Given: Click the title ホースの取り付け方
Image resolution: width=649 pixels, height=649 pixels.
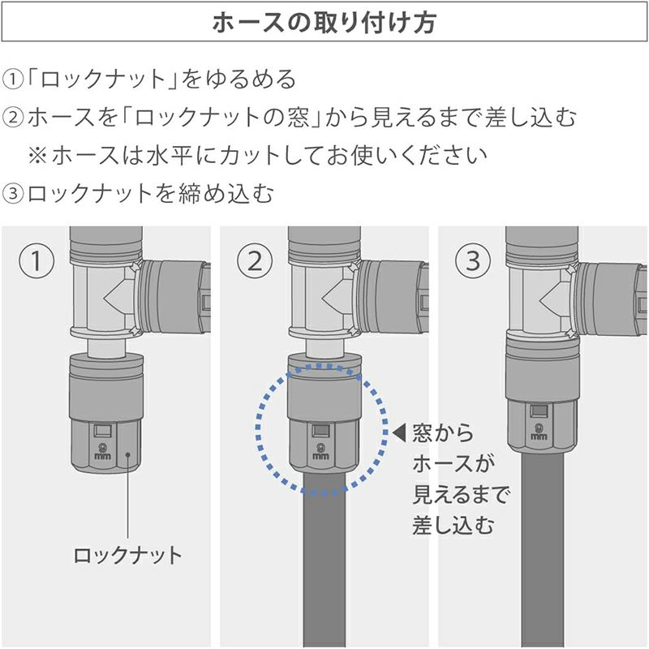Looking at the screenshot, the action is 324,22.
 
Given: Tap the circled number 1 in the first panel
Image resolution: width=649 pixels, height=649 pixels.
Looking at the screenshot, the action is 37,261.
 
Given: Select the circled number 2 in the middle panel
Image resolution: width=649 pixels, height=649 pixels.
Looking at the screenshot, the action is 255,261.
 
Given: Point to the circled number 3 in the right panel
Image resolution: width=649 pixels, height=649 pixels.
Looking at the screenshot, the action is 473,261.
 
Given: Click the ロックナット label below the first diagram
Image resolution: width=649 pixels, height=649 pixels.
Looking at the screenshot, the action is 127,556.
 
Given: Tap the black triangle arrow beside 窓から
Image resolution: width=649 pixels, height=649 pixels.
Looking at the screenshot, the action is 399,432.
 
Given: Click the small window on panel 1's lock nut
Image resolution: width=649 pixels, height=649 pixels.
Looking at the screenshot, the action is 102,431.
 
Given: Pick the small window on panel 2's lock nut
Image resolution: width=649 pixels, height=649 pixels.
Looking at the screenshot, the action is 320,431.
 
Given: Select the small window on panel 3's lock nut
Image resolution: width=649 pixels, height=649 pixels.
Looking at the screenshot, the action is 539,411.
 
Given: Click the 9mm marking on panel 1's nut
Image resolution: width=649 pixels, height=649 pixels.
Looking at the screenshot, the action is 102,451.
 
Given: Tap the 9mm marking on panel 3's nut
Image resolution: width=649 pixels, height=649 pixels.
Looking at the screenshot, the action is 539,432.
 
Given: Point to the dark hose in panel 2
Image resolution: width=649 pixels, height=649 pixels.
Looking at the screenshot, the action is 324,560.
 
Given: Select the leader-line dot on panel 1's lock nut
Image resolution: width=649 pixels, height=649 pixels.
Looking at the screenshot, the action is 128,455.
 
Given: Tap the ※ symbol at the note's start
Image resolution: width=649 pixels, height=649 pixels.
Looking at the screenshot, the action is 37,156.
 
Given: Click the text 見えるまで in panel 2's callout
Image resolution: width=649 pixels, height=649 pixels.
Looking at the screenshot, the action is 461,495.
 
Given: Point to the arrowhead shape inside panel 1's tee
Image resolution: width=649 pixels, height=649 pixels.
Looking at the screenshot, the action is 118,297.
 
